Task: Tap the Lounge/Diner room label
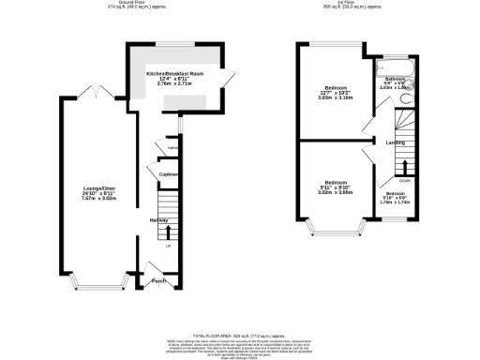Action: point(97,189)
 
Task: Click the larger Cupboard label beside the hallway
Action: point(169,174)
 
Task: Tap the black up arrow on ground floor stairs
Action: point(169,231)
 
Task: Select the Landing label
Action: point(395,142)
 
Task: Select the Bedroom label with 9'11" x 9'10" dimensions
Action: point(337,181)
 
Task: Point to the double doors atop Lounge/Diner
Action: point(101,94)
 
